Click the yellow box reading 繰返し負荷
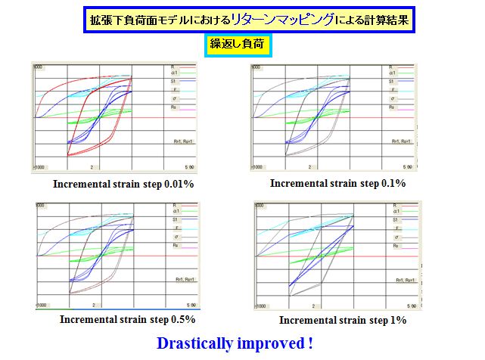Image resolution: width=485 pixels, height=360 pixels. tap(238, 45)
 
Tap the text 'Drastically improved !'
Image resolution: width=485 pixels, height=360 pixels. tap(235, 343)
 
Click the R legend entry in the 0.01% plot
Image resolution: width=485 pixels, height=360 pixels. tap(174, 67)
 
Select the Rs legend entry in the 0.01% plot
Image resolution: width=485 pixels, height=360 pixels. tap(174, 108)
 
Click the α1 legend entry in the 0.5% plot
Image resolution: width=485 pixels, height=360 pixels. tap(175, 213)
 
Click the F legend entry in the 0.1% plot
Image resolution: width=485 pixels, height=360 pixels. tap(391, 90)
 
